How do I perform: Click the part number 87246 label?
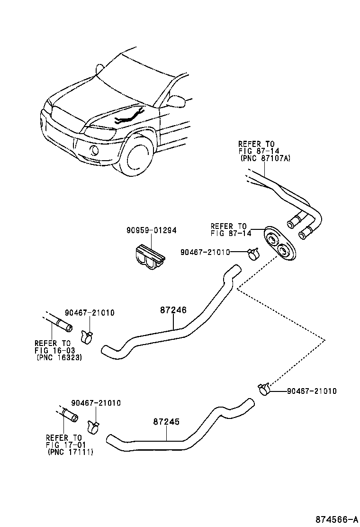(173, 310)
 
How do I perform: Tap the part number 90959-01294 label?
(151, 230)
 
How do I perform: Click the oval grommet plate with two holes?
(279, 243)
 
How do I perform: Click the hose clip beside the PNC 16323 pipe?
(87, 336)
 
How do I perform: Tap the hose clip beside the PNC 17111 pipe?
(94, 426)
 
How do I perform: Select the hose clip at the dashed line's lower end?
(264, 389)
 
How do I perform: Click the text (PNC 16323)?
(59, 358)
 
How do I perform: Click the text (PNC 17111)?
(70, 453)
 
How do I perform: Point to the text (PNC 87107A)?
(265, 158)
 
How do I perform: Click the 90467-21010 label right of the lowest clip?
(312, 391)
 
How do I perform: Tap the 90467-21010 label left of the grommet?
(205, 252)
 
